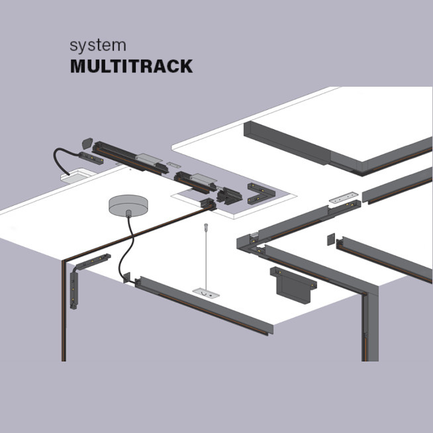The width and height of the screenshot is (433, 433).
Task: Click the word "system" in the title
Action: tap(97, 46)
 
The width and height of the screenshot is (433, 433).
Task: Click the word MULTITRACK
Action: tap(131, 67)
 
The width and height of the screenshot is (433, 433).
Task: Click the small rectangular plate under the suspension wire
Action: tap(206, 291)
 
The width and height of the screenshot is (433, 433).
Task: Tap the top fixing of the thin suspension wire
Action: tap(206, 228)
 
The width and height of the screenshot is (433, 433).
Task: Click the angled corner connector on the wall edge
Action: tap(83, 272)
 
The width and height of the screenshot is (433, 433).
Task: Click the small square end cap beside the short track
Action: tap(330, 240)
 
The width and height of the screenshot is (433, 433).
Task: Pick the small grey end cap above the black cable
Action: tap(86, 142)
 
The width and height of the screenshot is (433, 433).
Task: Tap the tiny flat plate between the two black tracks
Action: tap(173, 164)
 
